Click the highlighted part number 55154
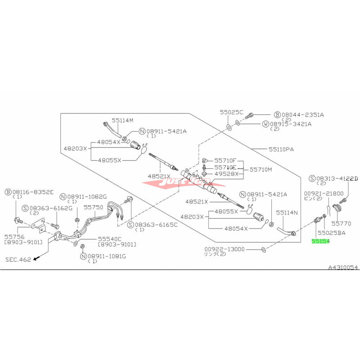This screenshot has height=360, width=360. (321, 242)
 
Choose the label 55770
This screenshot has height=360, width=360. (342, 222)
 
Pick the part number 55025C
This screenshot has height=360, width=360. (231, 112)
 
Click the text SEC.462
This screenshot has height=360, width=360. (19, 260)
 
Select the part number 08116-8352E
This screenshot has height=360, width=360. (32, 192)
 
